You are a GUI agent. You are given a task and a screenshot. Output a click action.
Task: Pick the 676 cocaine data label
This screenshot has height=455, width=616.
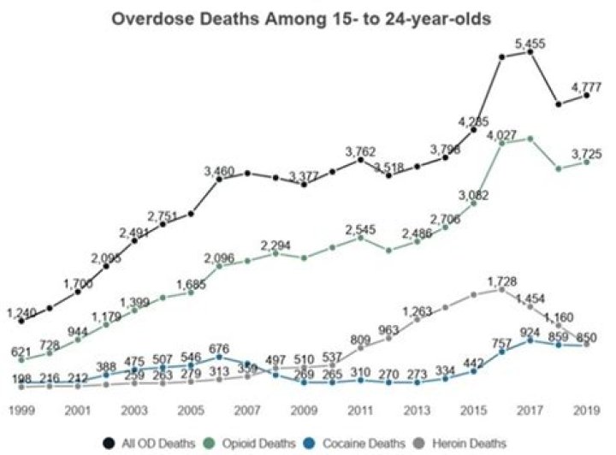tap(218, 349)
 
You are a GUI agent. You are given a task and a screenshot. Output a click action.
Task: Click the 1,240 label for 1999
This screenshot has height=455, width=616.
tap(21, 311)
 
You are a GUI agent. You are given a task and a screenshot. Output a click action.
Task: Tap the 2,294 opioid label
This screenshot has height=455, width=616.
tap(275, 245)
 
